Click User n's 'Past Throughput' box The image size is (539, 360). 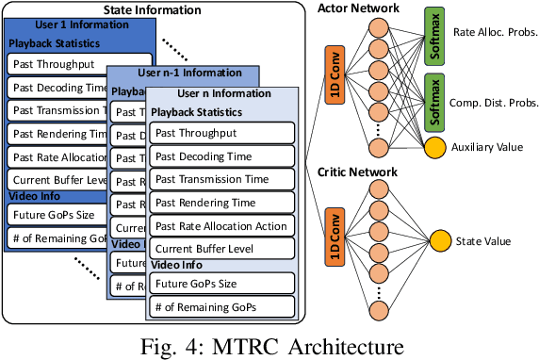pos(221,134)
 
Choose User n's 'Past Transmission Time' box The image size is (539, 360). pos(221,180)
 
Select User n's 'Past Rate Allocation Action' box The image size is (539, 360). pos(221,225)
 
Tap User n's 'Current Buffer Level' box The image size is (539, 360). pos(221,248)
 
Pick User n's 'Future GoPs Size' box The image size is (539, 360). pos(221,284)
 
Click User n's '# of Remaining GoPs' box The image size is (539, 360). pos(221,307)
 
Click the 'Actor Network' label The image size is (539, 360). pos(367,8)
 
